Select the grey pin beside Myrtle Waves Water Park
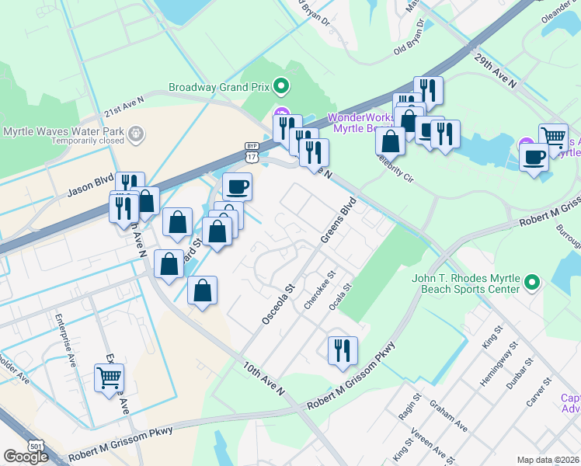click(x=137, y=134)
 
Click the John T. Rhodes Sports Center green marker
click(x=532, y=281)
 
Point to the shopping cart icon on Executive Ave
click(x=110, y=378)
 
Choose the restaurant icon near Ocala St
click(x=343, y=350)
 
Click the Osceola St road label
click(x=276, y=304)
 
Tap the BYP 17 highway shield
click(x=251, y=152)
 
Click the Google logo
click(x=26, y=457)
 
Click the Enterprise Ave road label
click(x=65, y=339)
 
